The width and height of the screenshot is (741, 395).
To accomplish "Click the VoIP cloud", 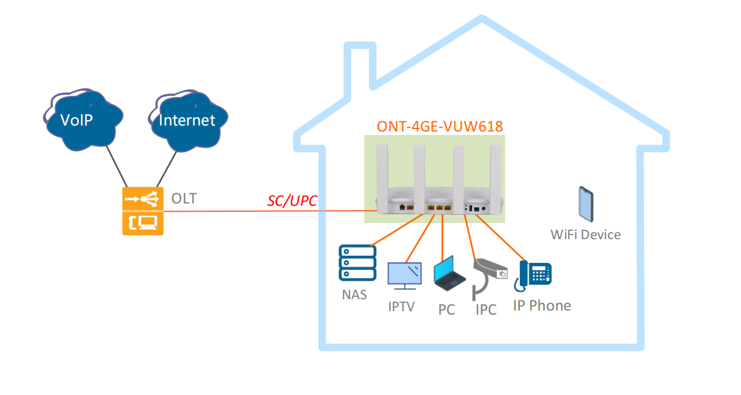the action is point(83,120).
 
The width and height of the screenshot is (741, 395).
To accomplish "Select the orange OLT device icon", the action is point(143,211).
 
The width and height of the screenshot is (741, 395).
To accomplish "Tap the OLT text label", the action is point(184,199).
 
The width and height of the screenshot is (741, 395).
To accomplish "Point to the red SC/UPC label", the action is point(292,200).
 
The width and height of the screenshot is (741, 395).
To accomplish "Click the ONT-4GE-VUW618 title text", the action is point(440,127).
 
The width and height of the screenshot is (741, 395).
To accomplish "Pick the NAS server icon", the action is point(357,263).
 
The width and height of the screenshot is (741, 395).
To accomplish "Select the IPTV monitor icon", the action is point(405,276).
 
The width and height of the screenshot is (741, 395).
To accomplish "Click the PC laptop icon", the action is point(449,274).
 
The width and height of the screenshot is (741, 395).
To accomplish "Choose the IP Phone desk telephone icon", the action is point(533,275).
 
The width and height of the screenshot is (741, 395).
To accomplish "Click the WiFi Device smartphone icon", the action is point(586,204).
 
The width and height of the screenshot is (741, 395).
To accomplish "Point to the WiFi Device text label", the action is point(585,235).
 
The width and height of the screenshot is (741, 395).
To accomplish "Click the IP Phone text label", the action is point(542,306).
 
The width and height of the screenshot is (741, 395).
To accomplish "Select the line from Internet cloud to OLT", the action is point(167,169).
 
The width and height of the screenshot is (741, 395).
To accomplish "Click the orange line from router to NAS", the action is point(397,230).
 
